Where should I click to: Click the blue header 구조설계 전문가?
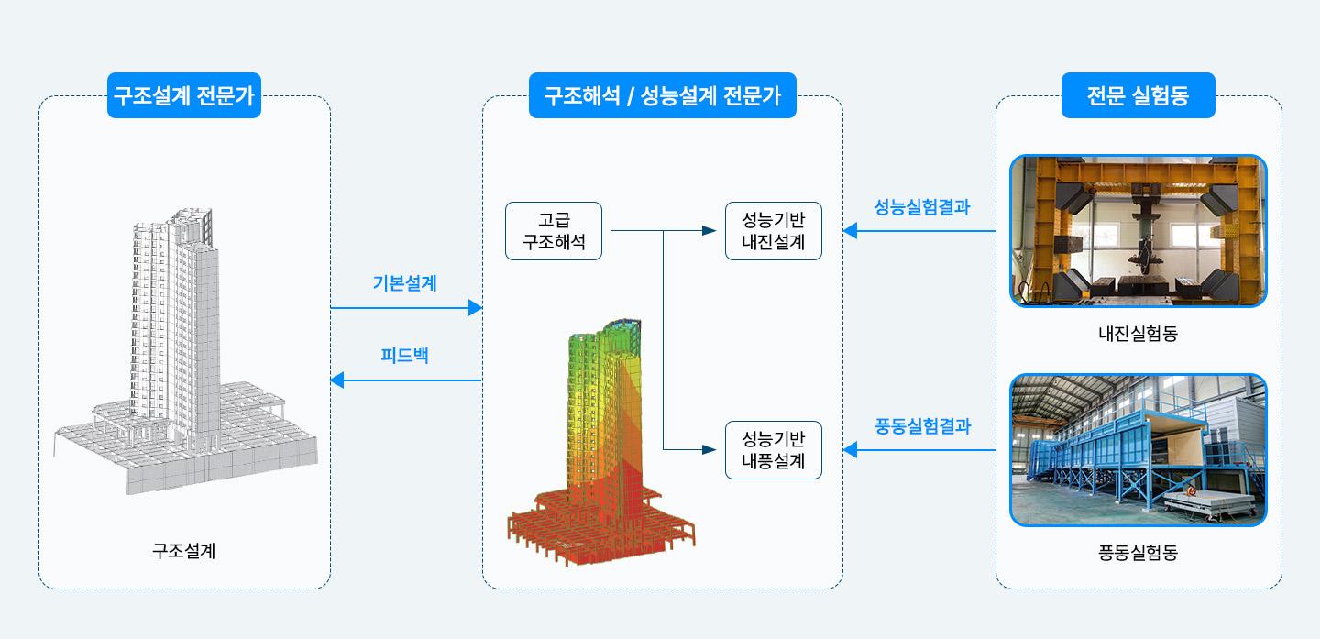click(184, 95)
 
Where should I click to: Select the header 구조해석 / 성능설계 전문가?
click(663, 95)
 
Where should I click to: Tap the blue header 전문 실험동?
click(1138, 95)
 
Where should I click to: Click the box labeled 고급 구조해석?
click(554, 231)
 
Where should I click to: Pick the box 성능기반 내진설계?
click(773, 231)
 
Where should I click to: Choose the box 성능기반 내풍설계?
click(773, 450)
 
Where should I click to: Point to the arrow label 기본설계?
click(405, 283)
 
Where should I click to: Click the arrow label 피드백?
click(404, 356)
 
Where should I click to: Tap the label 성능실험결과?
click(921, 207)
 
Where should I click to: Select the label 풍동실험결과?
click(922, 426)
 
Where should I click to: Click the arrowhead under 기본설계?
click(475, 308)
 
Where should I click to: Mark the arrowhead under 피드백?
click(337, 380)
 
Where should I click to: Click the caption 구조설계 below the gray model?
click(184, 551)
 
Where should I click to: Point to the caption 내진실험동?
click(1138, 334)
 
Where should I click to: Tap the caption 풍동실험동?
click(1138, 553)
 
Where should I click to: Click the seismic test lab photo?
click(1138, 231)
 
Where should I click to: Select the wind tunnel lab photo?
click(1138, 450)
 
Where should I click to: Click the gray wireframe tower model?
click(185, 351)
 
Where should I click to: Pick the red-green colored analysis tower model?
click(601, 442)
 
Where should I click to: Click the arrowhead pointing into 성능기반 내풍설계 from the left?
click(709, 450)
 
